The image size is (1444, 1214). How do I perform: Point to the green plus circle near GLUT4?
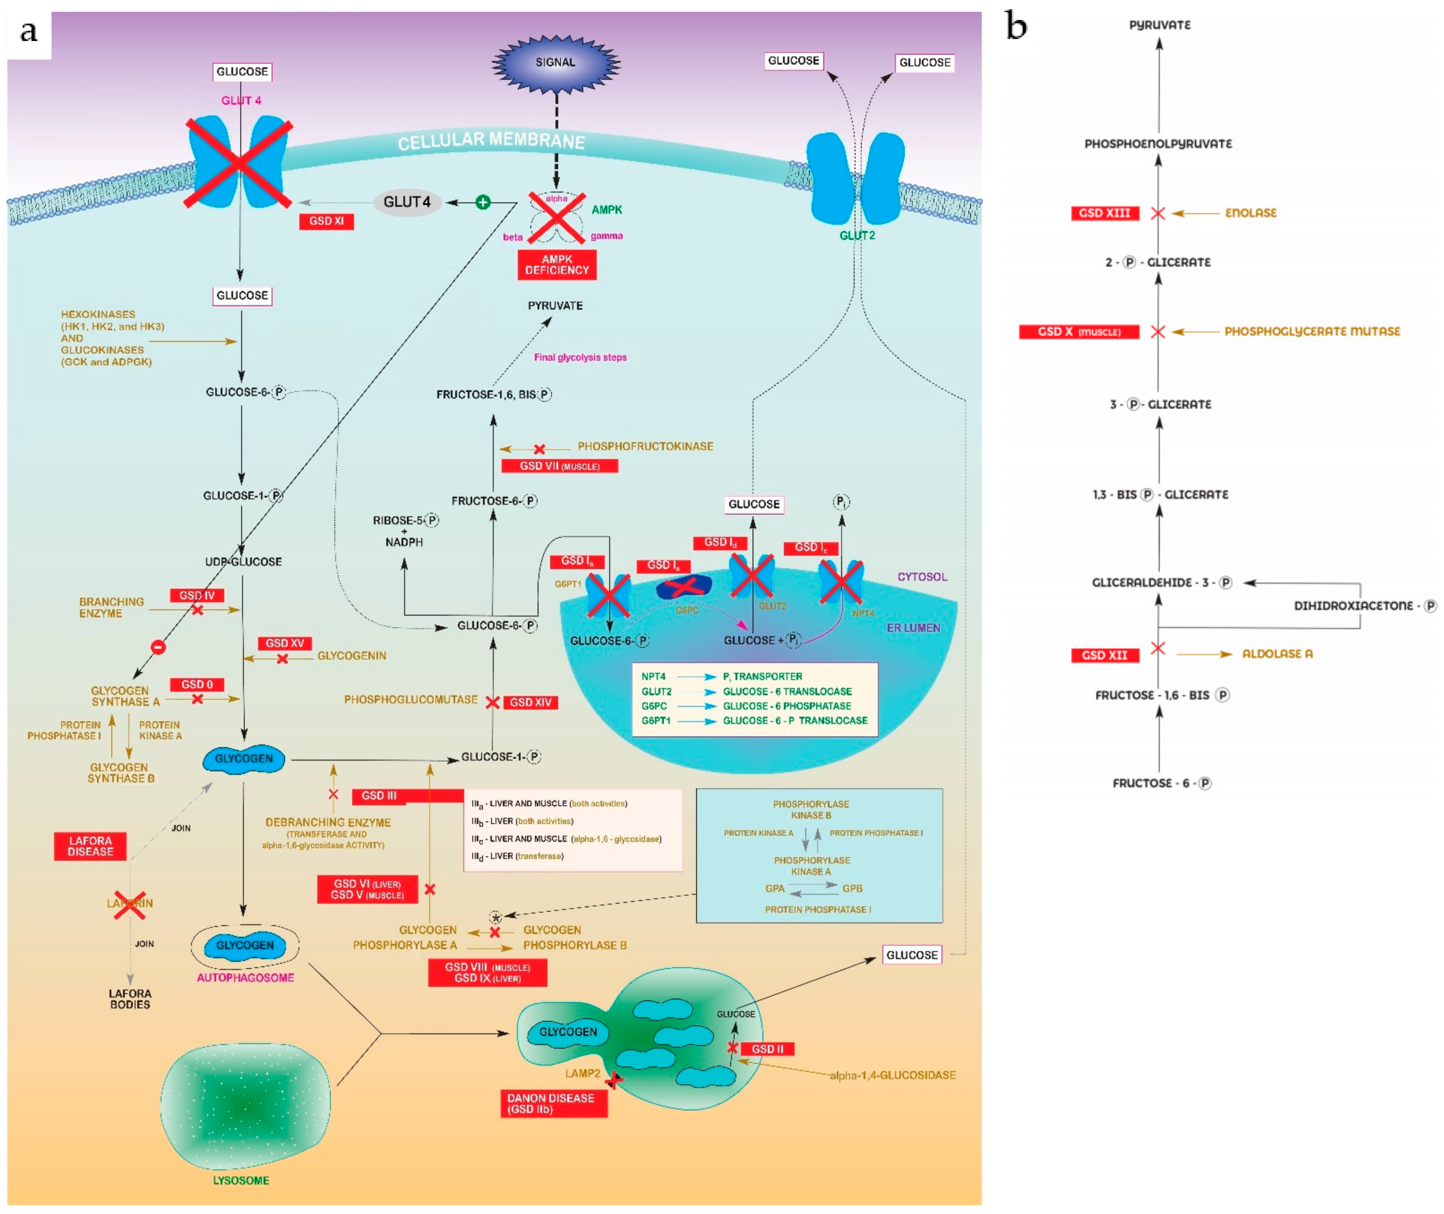click(x=483, y=202)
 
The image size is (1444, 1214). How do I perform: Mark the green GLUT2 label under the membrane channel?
click(x=857, y=236)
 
